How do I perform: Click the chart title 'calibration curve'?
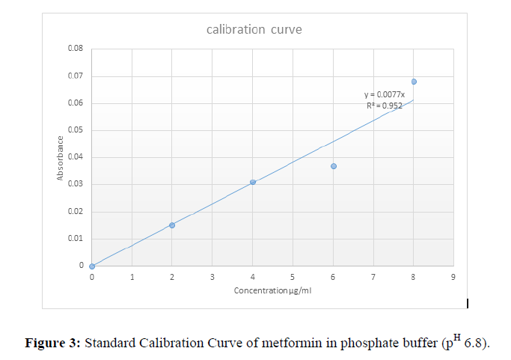click(x=254, y=29)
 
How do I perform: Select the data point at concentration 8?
click(x=414, y=82)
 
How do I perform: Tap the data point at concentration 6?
click(x=334, y=166)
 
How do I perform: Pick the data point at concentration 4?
click(x=253, y=182)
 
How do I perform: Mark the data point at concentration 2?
click(x=172, y=225)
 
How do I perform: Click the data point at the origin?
click(x=92, y=266)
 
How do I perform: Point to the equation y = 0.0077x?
click(x=385, y=94)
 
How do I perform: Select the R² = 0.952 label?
click(x=385, y=106)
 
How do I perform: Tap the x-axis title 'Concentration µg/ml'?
click(x=272, y=290)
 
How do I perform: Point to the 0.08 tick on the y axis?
click(x=76, y=49)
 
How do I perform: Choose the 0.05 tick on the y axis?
click(x=76, y=130)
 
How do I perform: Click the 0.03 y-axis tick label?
click(x=76, y=184)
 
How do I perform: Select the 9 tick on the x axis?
click(x=453, y=277)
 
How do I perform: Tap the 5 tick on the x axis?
click(x=293, y=277)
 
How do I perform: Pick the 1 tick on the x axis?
click(x=132, y=277)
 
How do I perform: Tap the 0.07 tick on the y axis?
click(x=76, y=76)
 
